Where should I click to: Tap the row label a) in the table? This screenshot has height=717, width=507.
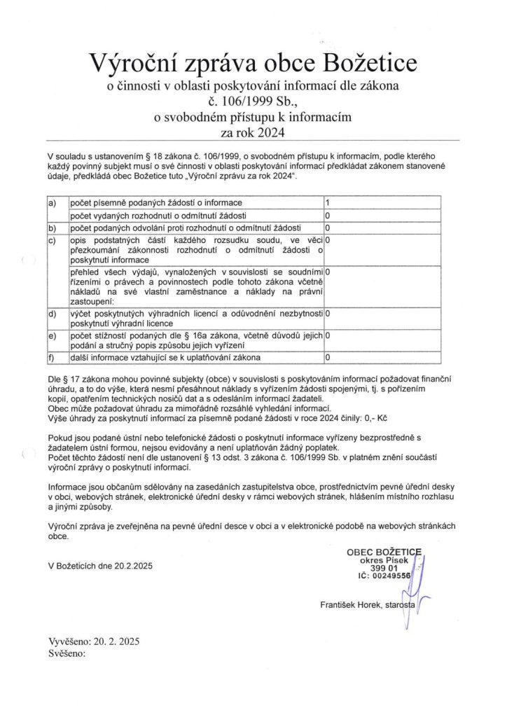[x=51, y=203]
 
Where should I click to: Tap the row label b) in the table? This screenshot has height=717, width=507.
[x=51, y=228]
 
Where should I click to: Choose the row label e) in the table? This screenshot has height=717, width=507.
[x=51, y=336]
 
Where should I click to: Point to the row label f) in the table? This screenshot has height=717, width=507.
[x=51, y=358]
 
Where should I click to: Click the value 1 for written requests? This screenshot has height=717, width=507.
[x=328, y=203]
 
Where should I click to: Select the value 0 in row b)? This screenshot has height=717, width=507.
[x=328, y=228]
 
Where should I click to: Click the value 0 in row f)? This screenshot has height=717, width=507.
[x=328, y=358]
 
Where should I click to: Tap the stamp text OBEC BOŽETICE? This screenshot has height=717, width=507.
[x=384, y=552]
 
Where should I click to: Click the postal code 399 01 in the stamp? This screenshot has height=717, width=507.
[x=383, y=567]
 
